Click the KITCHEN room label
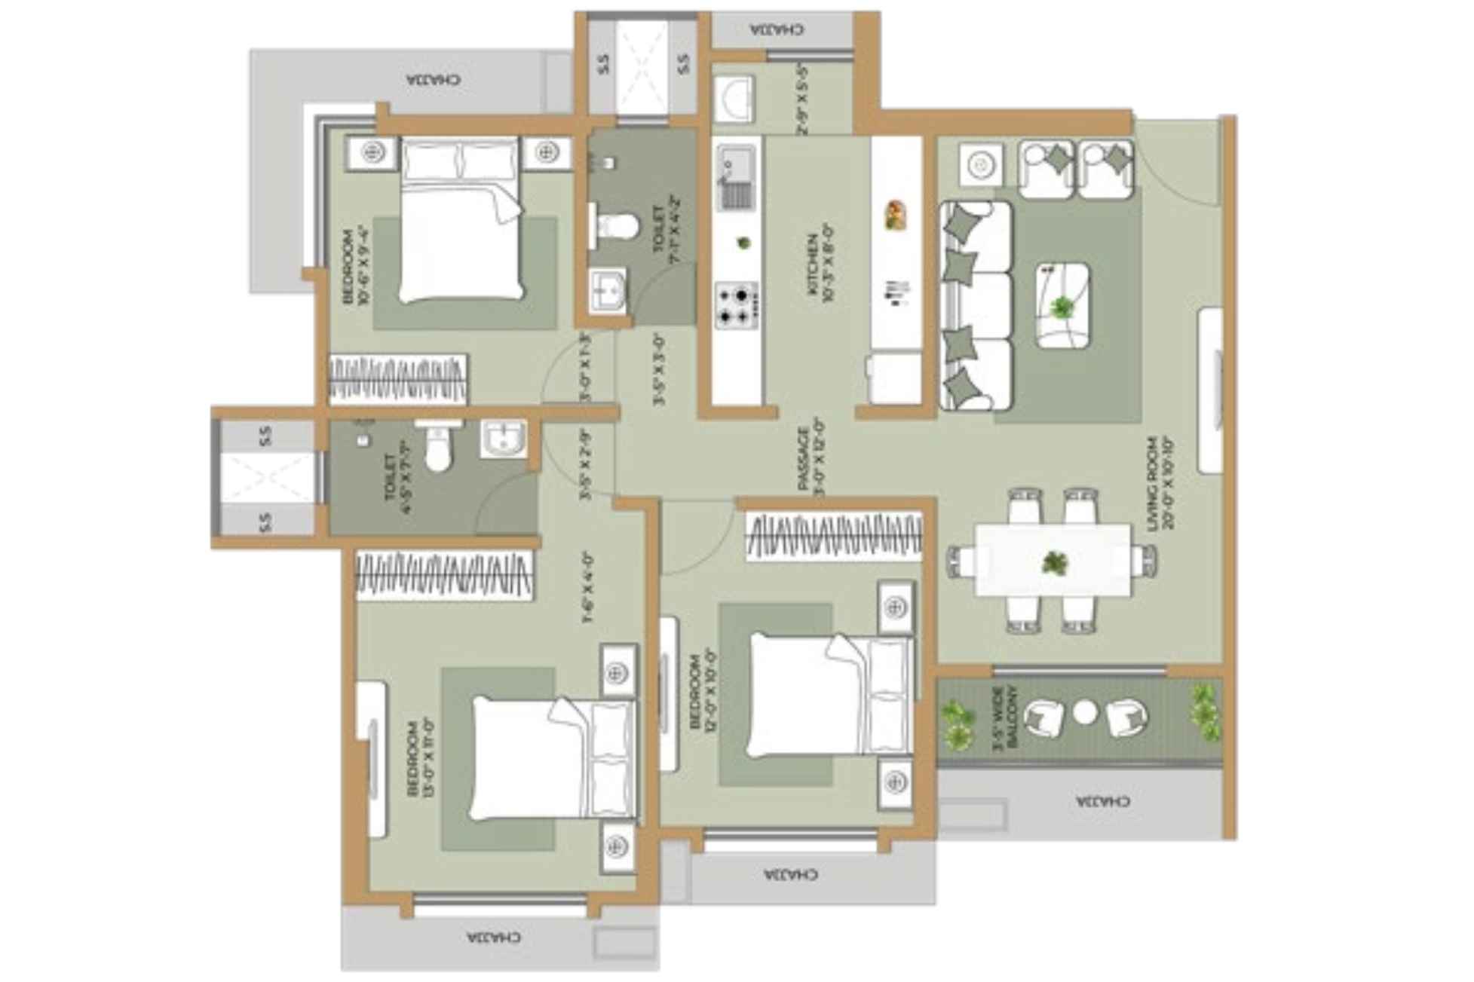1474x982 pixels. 820,268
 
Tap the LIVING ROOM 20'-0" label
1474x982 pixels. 1160,482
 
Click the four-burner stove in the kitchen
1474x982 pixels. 737,305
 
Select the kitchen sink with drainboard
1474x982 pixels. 736,178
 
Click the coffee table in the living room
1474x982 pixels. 1062,305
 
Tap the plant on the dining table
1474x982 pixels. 1054,562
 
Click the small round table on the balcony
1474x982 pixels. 1085,713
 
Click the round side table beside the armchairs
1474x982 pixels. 980,164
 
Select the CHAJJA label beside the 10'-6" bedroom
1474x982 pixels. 434,79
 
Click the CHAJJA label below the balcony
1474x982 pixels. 1102,800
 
